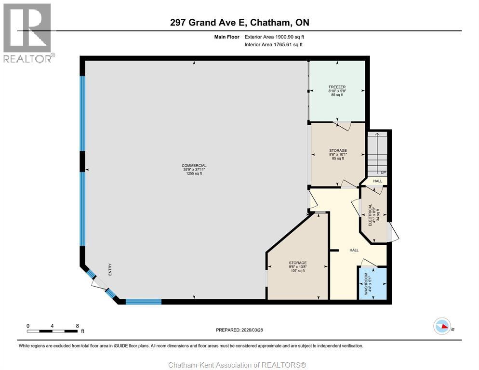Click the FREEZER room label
[337, 87]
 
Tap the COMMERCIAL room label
[194, 166]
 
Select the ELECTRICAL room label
[370, 215]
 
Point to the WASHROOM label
[366, 284]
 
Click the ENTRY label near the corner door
[110, 270]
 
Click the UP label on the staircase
[383, 172]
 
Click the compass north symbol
[442, 326]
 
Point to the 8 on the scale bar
[77, 326]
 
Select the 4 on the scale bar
[52, 326]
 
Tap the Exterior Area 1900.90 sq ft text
[274, 37]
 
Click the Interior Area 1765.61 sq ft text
[274, 45]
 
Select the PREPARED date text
[239, 330]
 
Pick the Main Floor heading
[226, 37]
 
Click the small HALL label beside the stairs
[378, 181]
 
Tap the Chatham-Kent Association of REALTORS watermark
[238, 365]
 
